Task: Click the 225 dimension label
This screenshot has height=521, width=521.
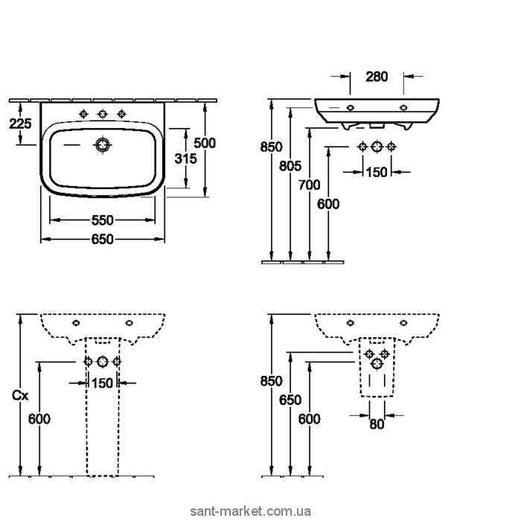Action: [x=21, y=124]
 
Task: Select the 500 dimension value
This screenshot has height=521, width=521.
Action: [x=205, y=143]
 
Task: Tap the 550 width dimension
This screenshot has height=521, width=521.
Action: [x=102, y=220]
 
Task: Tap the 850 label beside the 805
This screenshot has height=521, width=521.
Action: [x=271, y=147]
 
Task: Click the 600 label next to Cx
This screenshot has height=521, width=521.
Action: [x=39, y=419]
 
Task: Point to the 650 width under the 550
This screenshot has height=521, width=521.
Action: [x=102, y=239]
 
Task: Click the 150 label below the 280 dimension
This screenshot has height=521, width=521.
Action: [x=377, y=173]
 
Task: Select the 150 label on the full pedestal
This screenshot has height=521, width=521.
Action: [x=102, y=383]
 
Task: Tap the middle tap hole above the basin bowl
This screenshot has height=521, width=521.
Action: [x=103, y=113]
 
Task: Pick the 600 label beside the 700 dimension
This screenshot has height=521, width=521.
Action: [x=328, y=203]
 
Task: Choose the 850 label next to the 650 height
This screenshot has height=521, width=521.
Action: [x=271, y=381]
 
